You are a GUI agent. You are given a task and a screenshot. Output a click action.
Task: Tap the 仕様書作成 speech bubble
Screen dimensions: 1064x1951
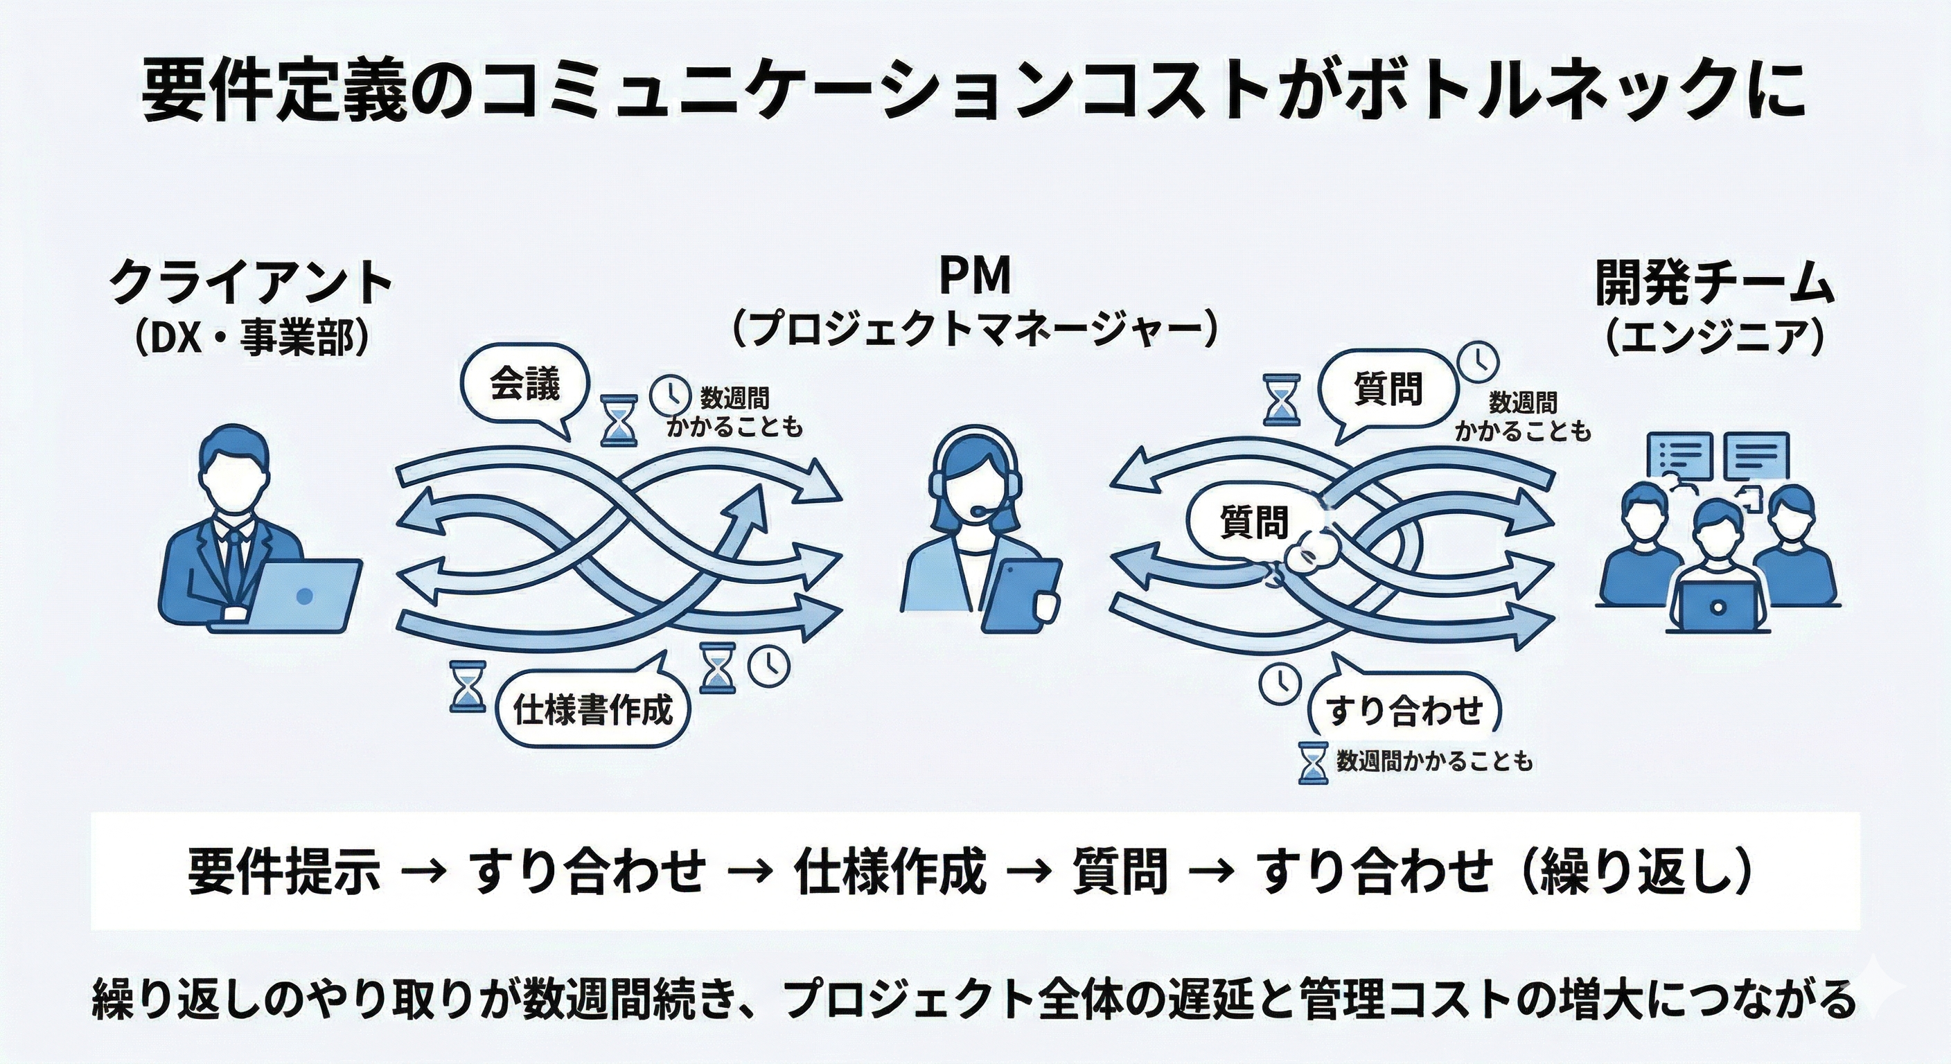[x=592, y=709]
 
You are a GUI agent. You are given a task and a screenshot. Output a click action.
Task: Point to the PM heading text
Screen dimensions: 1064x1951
[x=975, y=276]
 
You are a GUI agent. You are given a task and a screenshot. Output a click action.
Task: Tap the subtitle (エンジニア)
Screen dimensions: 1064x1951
[x=1715, y=339]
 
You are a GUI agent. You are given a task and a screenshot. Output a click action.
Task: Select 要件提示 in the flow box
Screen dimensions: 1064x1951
[x=283, y=871]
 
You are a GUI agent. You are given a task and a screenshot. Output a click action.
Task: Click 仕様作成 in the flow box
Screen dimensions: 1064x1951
[x=891, y=871]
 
